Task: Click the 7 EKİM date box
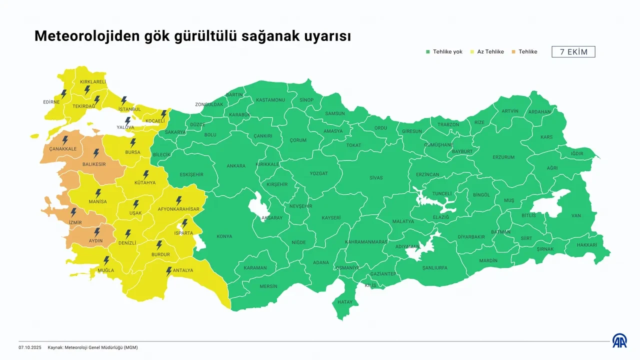click(x=573, y=52)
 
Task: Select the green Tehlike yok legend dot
click(x=428, y=52)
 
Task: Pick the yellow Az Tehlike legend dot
click(x=472, y=52)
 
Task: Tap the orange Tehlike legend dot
click(x=514, y=52)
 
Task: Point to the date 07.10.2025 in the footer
click(x=30, y=347)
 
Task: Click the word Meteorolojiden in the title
click(x=86, y=36)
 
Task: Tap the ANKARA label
click(x=236, y=166)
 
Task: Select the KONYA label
click(x=224, y=236)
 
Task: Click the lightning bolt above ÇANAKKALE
click(x=64, y=140)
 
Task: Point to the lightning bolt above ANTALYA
click(x=169, y=271)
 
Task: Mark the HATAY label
click(x=345, y=302)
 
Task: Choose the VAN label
click(x=576, y=216)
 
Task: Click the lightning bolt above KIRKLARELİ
click(x=87, y=90)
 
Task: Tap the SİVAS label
click(x=376, y=178)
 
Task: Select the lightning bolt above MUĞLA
click(x=106, y=260)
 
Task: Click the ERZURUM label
click(x=503, y=157)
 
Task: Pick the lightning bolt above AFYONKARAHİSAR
click(x=178, y=200)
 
